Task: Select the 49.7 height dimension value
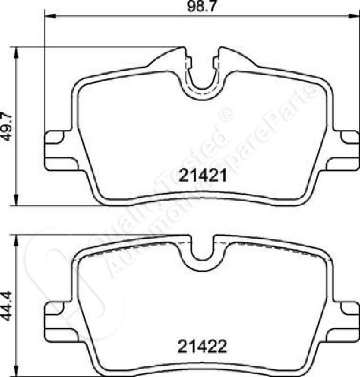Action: (x=7, y=126)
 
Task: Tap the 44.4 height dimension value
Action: (x=7, y=306)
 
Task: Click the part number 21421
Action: (x=202, y=175)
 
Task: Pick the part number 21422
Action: (x=202, y=347)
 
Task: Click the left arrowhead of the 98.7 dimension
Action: (x=50, y=16)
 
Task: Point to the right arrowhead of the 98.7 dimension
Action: (x=354, y=16)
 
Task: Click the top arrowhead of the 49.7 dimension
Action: (x=16, y=52)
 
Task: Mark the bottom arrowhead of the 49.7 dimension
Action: (x=16, y=200)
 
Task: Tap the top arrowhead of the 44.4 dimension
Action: (x=16, y=240)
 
